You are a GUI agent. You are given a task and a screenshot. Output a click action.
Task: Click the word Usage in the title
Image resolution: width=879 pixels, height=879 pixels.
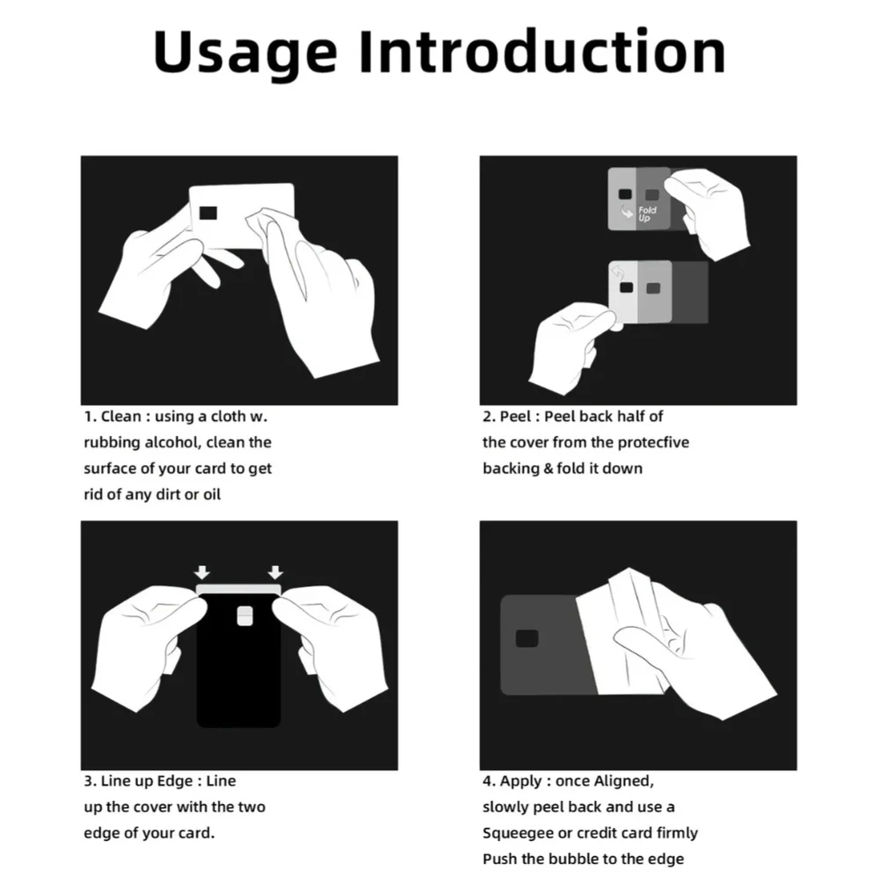pyautogui.click(x=245, y=54)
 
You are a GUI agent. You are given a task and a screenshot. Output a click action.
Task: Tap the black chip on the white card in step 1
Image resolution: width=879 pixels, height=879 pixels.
pyautogui.click(x=208, y=213)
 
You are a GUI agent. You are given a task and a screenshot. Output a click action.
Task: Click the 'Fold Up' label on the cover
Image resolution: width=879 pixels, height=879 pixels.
pyautogui.click(x=647, y=214)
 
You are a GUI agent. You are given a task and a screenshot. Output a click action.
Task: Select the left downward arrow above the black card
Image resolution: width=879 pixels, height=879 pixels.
pyautogui.click(x=202, y=572)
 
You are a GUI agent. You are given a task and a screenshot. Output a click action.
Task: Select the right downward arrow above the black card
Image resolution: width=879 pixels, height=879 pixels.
pyautogui.click(x=275, y=572)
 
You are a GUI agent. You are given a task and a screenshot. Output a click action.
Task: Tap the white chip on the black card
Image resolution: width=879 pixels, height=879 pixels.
pyautogui.click(x=244, y=615)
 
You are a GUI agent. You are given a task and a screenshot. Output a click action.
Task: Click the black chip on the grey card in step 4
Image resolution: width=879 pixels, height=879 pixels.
pyautogui.click(x=527, y=638)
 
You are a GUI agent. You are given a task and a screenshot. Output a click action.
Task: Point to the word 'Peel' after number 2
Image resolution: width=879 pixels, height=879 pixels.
pyautogui.click(x=515, y=417)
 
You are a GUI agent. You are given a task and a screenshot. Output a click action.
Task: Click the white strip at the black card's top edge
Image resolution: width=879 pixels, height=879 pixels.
pyautogui.click(x=239, y=589)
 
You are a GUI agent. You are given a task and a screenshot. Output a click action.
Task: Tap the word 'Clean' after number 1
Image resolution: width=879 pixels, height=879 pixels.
pyautogui.click(x=121, y=417)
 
